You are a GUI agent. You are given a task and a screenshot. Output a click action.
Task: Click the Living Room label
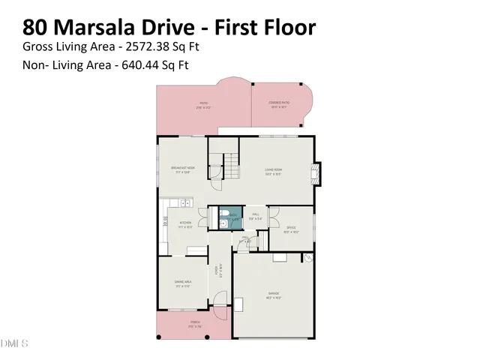pos(272,170)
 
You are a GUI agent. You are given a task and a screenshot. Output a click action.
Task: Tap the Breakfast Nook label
pos(183,169)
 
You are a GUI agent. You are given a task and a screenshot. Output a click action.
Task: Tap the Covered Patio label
pos(280,104)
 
